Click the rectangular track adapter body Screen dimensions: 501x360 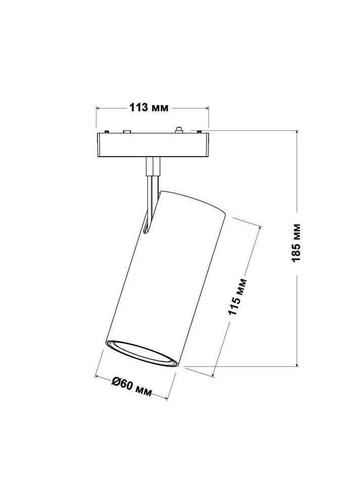pyautogui.click(x=151, y=145)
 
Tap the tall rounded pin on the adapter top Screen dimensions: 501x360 pyautogui.click(x=178, y=130)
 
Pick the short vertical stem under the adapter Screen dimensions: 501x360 pyautogui.click(x=152, y=166)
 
